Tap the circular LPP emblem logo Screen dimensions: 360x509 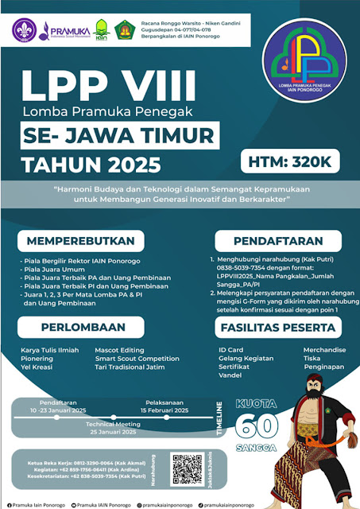(306, 56)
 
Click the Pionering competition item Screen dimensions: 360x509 (37, 359)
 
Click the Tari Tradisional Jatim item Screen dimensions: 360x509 (130, 368)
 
